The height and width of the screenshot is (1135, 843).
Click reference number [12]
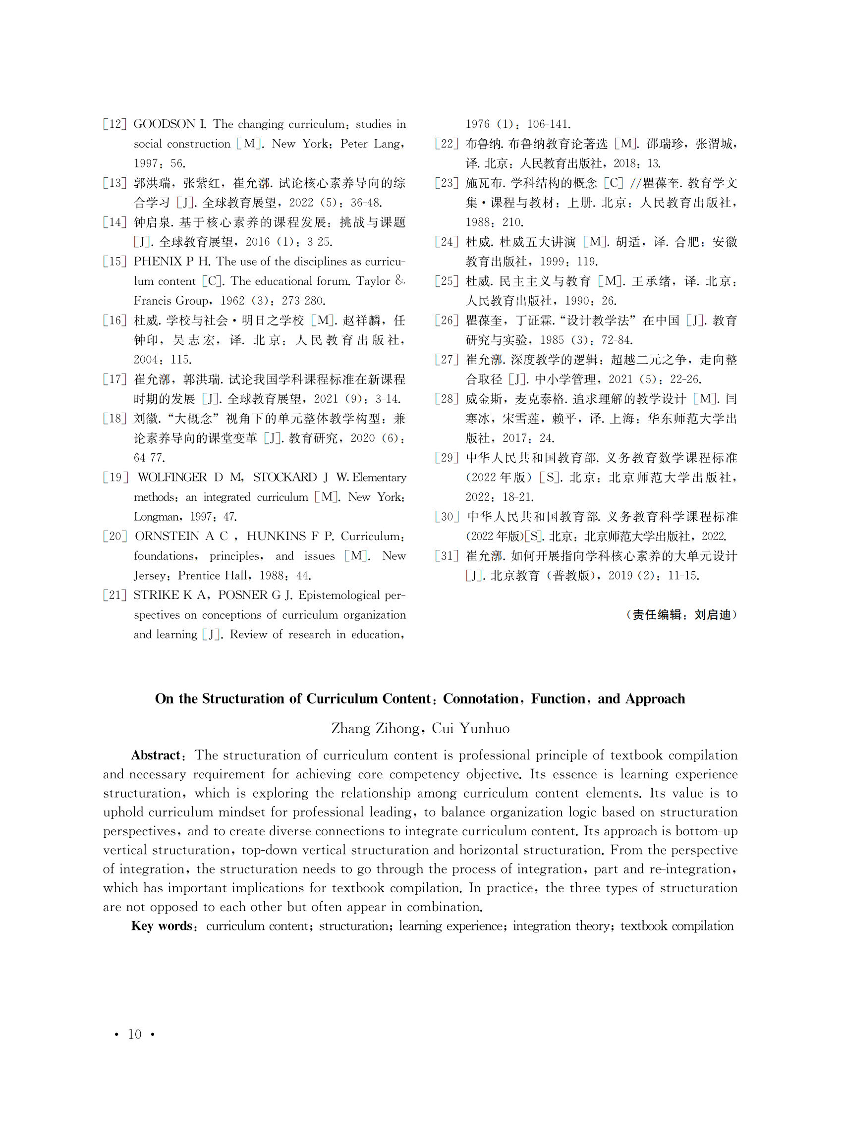pyautogui.click(x=114, y=124)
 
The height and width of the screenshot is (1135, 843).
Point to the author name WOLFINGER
pyautogui.click(x=172, y=478)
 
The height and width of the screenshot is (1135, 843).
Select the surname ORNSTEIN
pyautogui.click(x=167, y=536)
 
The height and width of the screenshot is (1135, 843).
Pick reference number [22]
pyautogui.click(x=447, y=144)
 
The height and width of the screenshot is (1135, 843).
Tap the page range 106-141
pyautogui.click(x=549, y=124)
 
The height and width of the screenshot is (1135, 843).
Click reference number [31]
pyautogui.click(x=447, y=556)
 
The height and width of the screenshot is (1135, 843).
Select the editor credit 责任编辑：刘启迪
pyautogui.click(x=681, y=615)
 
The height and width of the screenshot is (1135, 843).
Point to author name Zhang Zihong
pyautogui.click(x=375, y=728)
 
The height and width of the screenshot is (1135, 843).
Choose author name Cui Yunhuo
pyautogui.click(x=470, y=728)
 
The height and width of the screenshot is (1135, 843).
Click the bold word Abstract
pyautogui.click(x=156, y=756)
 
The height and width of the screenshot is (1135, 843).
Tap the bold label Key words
pyautogui.click(x=161, y=926)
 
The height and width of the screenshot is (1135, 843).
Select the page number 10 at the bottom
pyautogui.click(x=134, y=1034)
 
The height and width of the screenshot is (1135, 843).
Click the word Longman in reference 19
pyautogui.click(x=157, y=517)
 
